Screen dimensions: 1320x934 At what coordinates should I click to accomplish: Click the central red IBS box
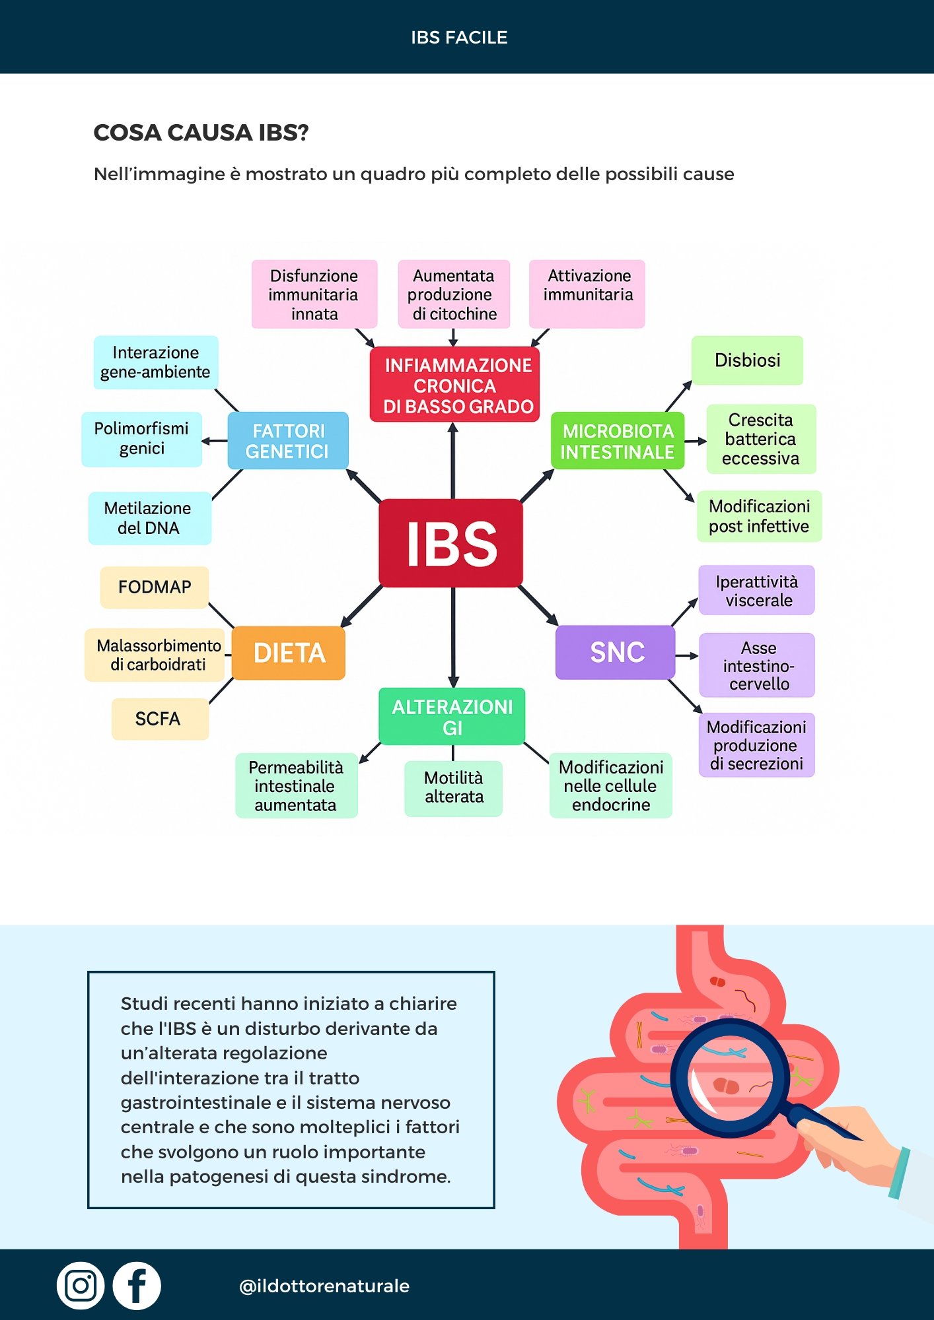451,543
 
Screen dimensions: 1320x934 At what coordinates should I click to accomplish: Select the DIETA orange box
289,653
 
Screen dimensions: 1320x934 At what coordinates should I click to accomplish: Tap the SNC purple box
616,652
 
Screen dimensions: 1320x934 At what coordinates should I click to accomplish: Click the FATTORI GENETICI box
288,441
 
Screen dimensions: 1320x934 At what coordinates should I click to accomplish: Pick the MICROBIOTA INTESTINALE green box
618,441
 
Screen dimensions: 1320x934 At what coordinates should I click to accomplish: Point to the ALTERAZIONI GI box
452,717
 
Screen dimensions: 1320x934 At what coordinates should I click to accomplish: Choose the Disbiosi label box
747,360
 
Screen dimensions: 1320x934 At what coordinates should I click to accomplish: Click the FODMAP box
155,587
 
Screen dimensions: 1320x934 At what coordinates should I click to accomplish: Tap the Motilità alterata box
454,787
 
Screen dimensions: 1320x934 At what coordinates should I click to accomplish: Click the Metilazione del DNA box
149,518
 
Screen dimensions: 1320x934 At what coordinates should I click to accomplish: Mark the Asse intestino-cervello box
757,665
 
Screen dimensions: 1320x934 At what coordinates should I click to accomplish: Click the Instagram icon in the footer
81,1286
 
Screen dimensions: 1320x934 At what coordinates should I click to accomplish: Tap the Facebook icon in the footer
137,1286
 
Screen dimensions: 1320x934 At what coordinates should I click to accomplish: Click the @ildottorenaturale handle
324,1286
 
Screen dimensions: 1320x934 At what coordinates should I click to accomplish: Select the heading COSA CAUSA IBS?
201,133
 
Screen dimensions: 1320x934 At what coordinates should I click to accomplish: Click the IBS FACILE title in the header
459,38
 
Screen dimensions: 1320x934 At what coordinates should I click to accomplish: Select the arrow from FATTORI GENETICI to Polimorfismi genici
215,441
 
